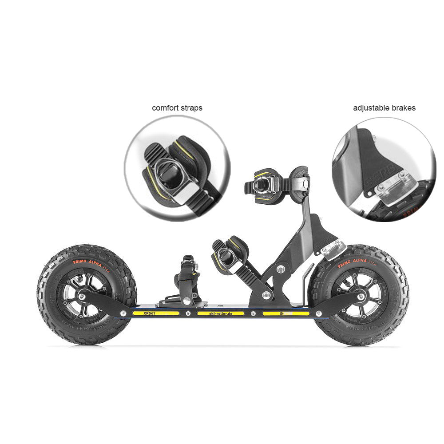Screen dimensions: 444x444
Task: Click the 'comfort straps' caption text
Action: click(177, 108)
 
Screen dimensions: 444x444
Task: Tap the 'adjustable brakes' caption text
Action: click(384, 108)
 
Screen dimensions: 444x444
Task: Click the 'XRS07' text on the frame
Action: click(150, 313)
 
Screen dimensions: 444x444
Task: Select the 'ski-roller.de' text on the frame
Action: click(221, 313)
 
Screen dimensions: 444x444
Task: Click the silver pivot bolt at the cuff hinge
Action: click(280, 269)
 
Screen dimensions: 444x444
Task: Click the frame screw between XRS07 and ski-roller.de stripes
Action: click(188, 313)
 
